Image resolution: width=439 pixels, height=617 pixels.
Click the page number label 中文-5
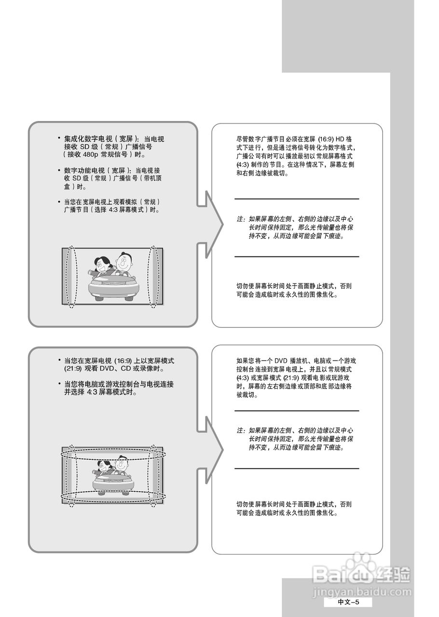point(348,602)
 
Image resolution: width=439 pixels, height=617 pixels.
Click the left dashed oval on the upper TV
point(71,277)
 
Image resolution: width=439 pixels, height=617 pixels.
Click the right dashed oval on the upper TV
point(153,277)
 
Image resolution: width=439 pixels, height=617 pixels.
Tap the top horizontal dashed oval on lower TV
point(113,455)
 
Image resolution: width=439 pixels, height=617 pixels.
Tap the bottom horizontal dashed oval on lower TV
point(113,496)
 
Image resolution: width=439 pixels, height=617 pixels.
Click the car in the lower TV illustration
point(112,482)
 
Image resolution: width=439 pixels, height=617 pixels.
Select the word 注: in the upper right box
point(241,219)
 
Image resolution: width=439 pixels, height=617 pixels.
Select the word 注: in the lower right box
point(241,430)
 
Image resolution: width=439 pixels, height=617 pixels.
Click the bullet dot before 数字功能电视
point(59,170)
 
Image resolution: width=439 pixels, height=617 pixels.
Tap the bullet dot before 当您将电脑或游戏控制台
point(59,384)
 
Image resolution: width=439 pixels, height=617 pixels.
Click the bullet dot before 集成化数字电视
point(59,138)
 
